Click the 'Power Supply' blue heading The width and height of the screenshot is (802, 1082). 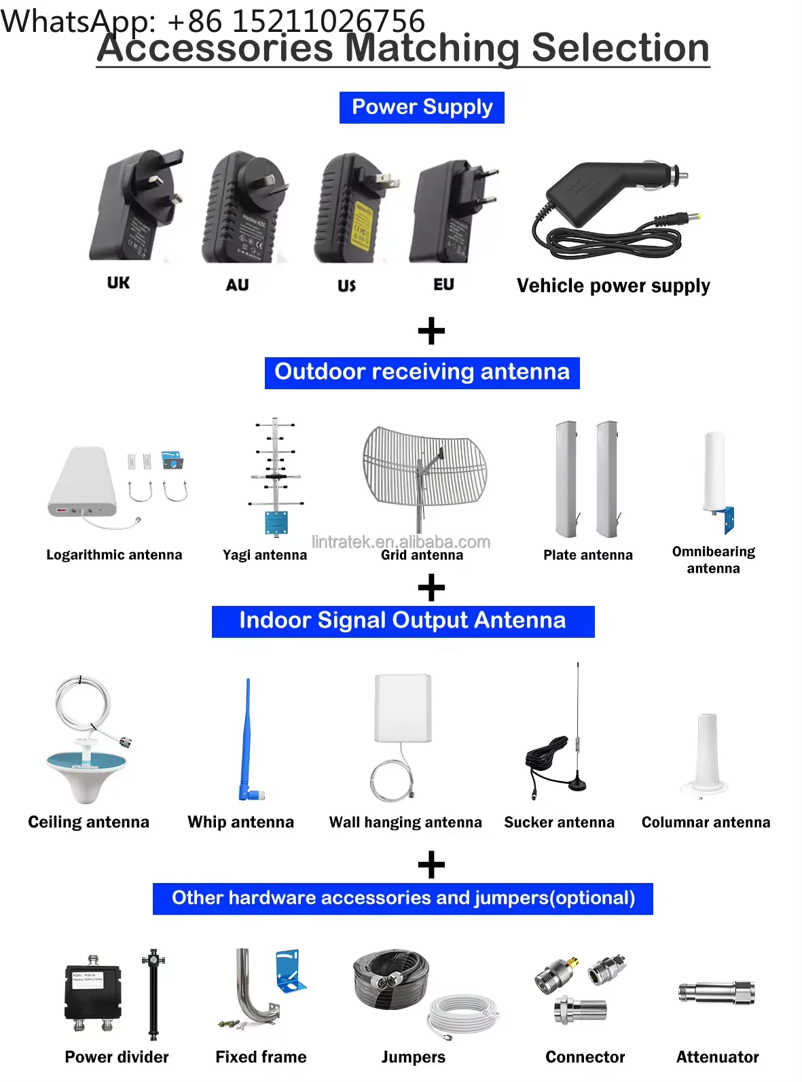pos(422,107)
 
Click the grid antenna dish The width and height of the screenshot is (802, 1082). pos(424,469)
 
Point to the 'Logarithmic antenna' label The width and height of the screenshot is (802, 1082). pos(114,555)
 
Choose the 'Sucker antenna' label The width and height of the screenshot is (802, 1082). pos(559,823)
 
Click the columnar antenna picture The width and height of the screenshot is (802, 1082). pos(707,754)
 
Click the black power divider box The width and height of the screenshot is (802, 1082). pos(92,992)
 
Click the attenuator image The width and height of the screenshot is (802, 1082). pos(716,993)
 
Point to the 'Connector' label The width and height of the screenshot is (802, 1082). pos(585,1057)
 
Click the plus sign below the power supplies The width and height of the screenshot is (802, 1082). pos(431,332)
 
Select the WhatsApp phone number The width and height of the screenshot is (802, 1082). pos(295,20)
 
